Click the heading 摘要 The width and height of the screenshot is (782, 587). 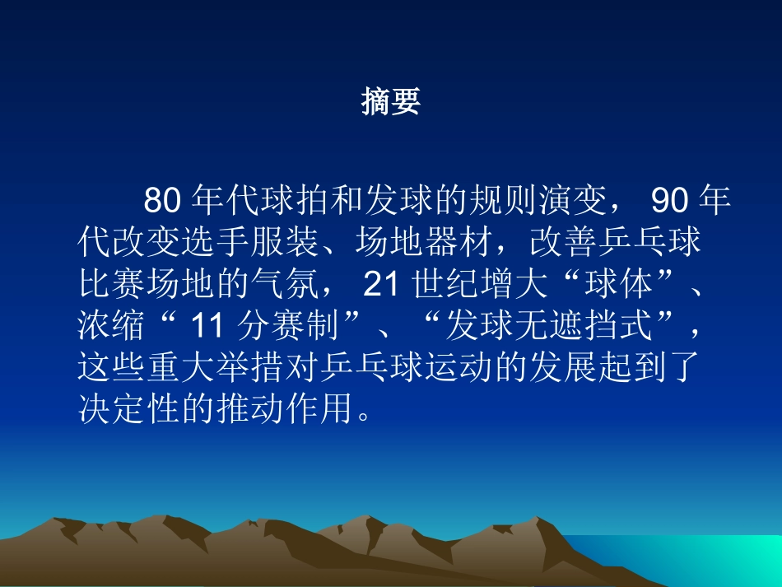click(391, 102)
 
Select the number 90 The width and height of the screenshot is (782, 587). click(669, 201)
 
